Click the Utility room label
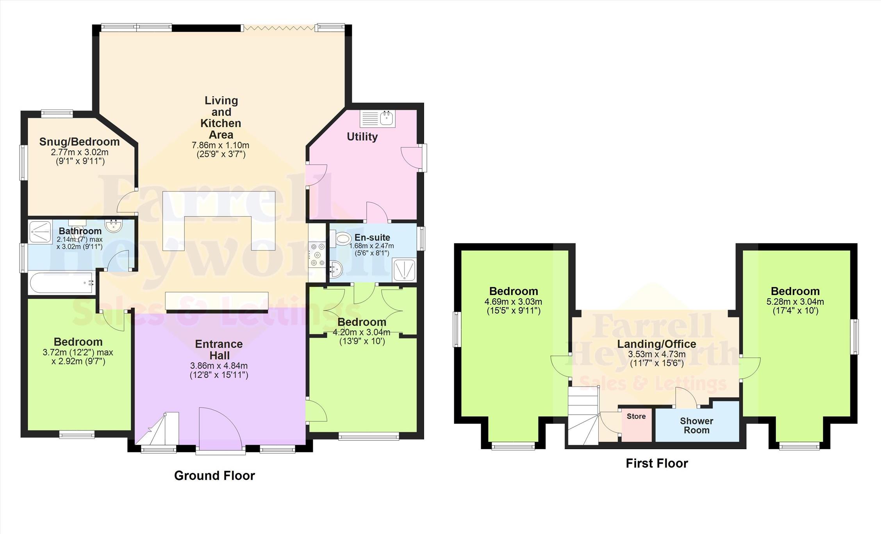tap(362, 137)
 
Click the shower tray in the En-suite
tap(404, 270)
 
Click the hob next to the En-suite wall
tap(317, 255)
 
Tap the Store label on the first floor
tap(636, 416)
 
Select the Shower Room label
tap(696, 426)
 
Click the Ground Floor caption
tap(214, 475)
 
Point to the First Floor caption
tap(657, 463)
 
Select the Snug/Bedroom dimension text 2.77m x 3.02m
tap(80, 152)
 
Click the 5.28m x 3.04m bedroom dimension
tap(795, 302)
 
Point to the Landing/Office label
tap(656, 344)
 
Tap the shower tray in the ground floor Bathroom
tap(40, 232)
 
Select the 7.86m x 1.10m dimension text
tap(221, 145)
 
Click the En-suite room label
tap(372, 238)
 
